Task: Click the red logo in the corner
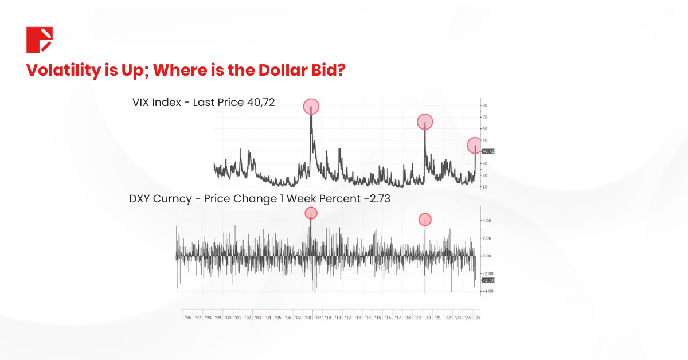coord(40,40)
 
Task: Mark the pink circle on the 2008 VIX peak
coord(311,107)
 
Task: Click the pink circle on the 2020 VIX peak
coord(425,122)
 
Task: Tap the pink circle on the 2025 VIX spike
coord(475,146)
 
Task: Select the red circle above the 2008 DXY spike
coord(311,213)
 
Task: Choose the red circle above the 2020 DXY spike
coord(425,220)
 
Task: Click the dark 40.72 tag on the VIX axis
coord(488,151)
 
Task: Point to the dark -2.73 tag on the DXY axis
coord(488,280)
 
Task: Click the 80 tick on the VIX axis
coord(485,105)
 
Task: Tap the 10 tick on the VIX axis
coord(485,187)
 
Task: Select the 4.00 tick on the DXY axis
coord(486,221)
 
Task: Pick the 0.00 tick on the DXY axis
coord(486,256)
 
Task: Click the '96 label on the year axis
coord(187,317)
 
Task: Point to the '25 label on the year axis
coord(477,317)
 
